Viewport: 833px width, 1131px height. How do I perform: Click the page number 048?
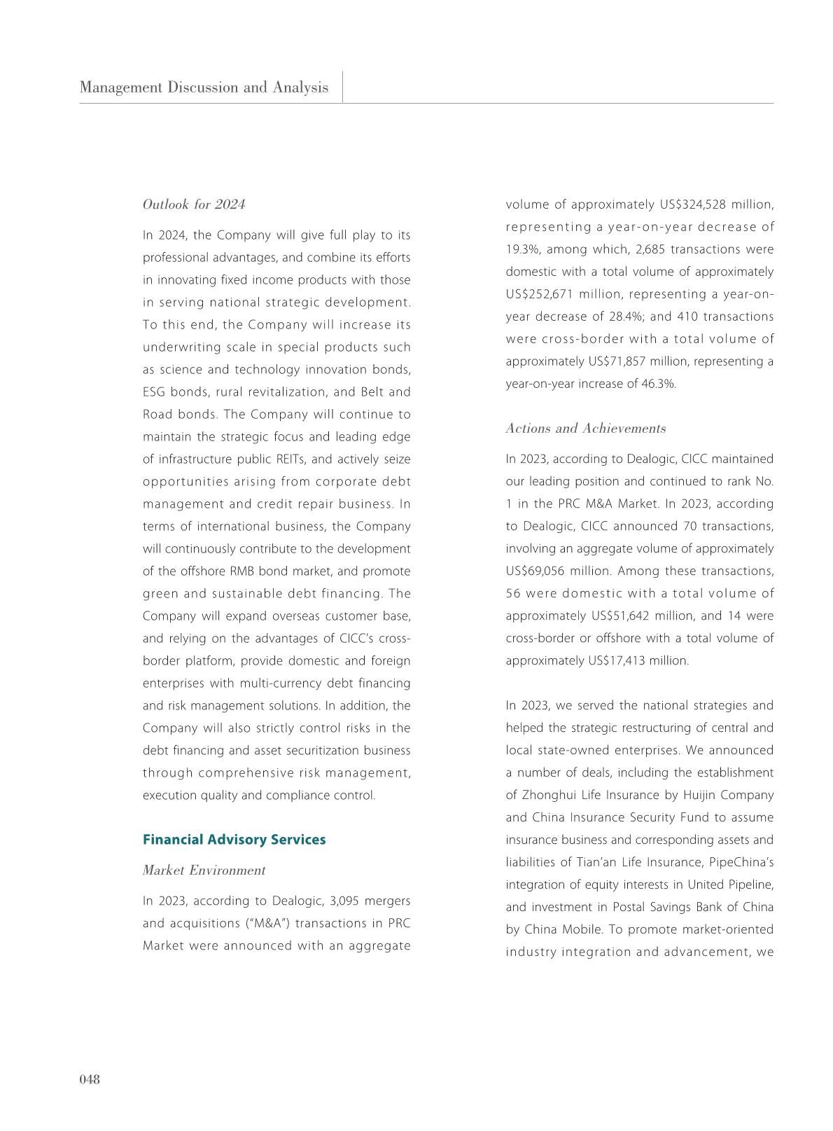pos(90,1079)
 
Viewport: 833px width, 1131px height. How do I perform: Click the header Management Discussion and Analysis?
pos(204,88)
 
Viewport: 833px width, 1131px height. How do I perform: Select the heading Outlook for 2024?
pos(194,204)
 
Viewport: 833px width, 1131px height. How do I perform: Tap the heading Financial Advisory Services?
pos(234,839)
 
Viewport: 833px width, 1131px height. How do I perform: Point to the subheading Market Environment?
pos(204,870)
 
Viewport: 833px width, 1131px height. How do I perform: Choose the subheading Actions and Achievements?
pos(585,429)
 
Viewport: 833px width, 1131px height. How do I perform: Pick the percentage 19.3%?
pos(522,249)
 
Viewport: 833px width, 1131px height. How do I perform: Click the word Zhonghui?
pos(552,795)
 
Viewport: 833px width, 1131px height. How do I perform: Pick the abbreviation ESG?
pos(155,392)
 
